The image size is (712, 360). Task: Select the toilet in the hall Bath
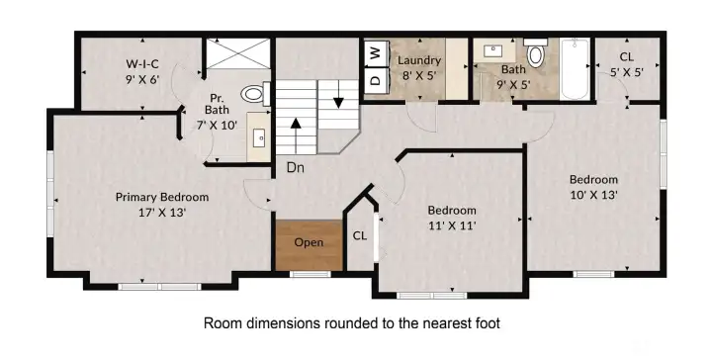tap(536, 53)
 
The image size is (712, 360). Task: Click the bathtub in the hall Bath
tap(575, 69)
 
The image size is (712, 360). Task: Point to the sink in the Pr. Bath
tap(259, 135)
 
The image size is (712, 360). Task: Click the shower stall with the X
tap(238, 53)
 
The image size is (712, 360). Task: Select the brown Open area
tap(310, 245)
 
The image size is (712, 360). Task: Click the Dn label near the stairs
tap(295, 168)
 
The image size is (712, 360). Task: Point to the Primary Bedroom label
tap(162, 197)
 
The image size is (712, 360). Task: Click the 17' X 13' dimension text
tap(162, 212)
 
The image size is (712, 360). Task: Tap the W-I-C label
tap(142, 63)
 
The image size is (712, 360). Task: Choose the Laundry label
tap(419, 60)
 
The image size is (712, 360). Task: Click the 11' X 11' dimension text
tap(452, 225)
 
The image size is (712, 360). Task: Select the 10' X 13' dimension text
tap(593, 194)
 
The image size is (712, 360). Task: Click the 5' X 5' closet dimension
tap(627, 72)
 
